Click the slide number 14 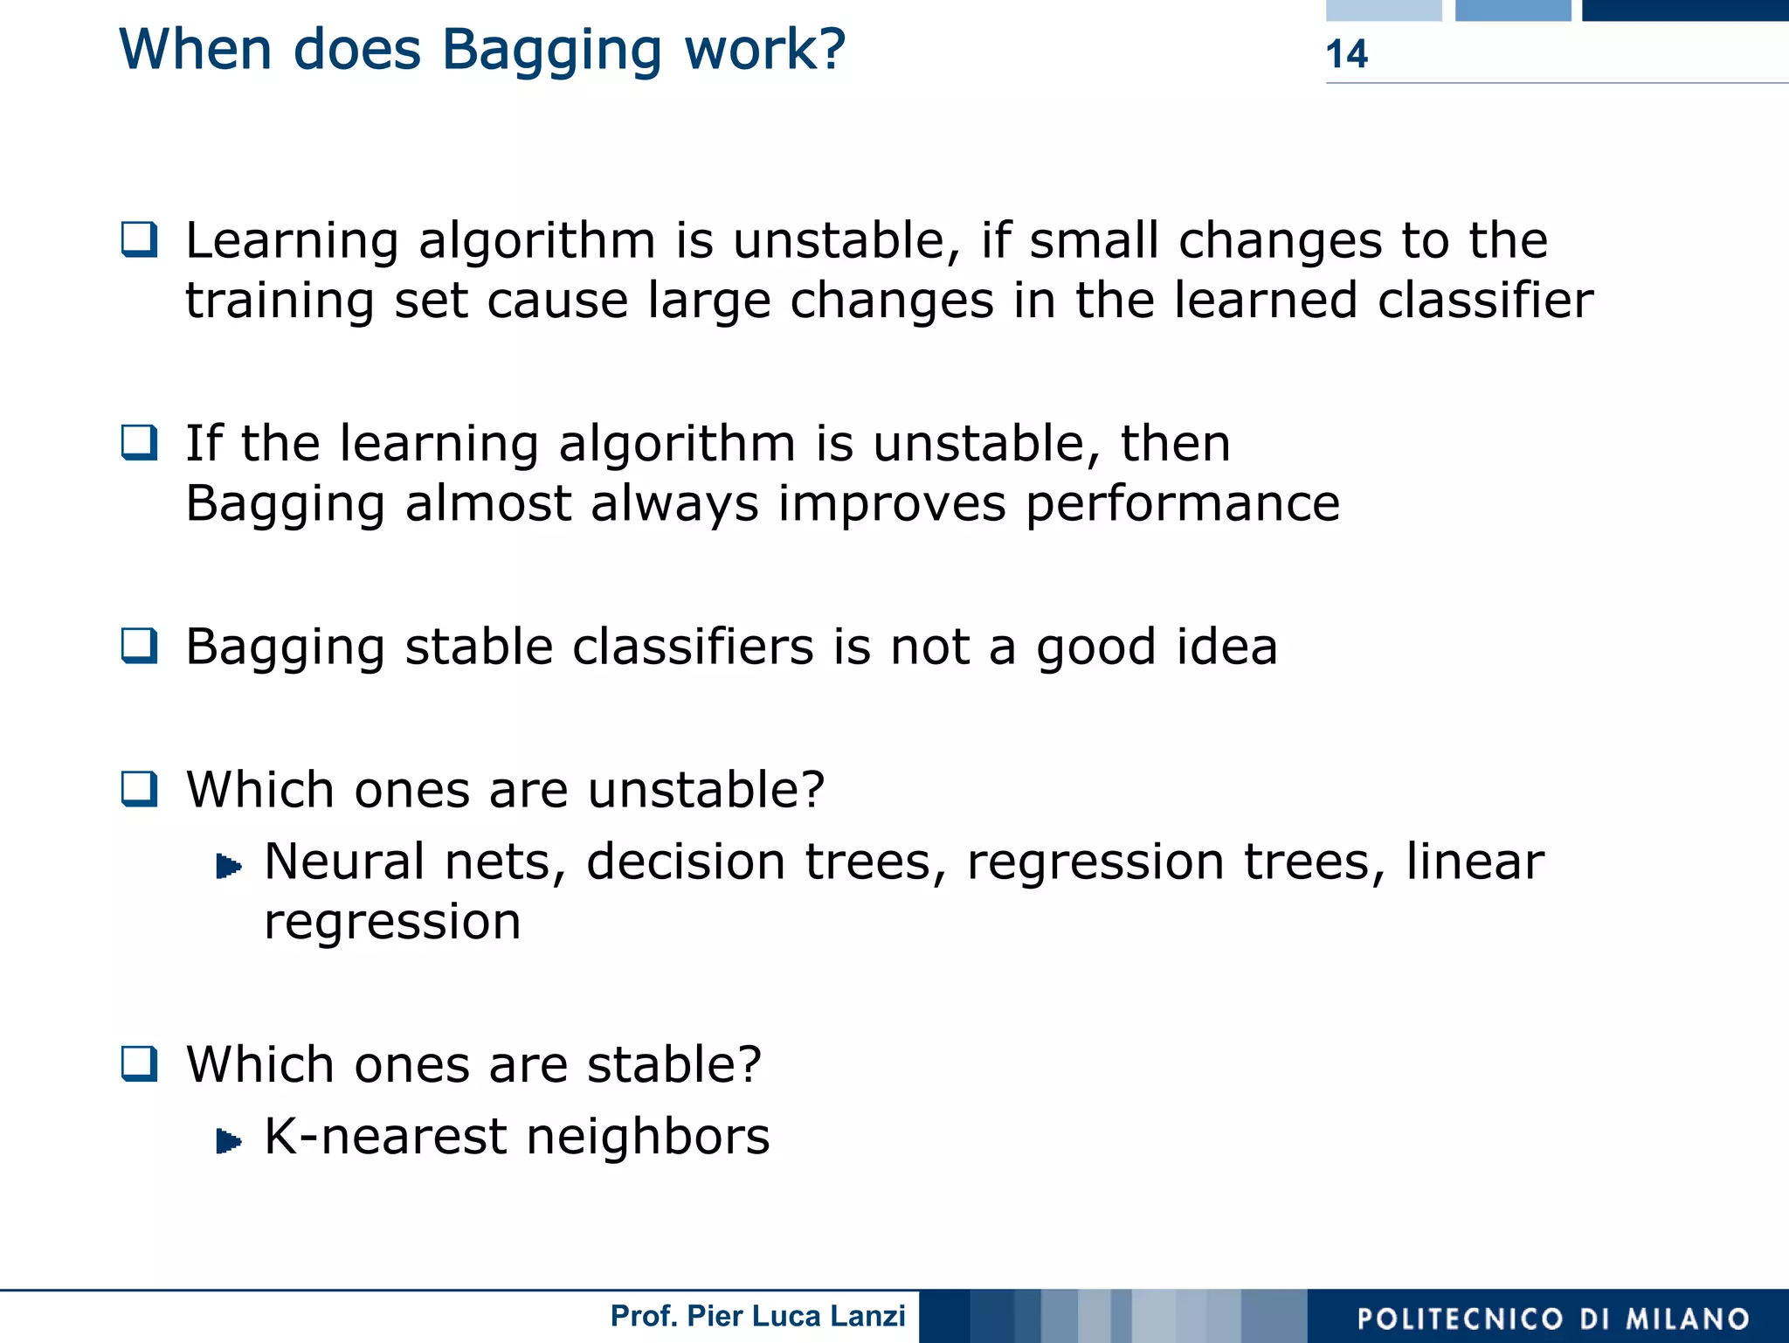tap(1346, 54)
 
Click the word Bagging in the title tap(551, 51)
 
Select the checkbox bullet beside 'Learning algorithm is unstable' tap(140, 239)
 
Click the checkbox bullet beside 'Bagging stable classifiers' tap(140, 646)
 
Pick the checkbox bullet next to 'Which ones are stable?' tap(140, 1063)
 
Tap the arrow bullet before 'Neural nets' tap(229, 866)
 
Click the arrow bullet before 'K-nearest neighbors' tap(229, 1140)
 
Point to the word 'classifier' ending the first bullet tap(1485, 300)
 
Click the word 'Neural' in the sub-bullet tap(344, 862)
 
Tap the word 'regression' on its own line tap(392, 923)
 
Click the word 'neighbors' tap(647, 1136)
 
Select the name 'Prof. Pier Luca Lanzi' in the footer tap(757, 1316)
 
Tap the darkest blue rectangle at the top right tap(1685, 10)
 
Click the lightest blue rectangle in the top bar tap(1384, 10)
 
